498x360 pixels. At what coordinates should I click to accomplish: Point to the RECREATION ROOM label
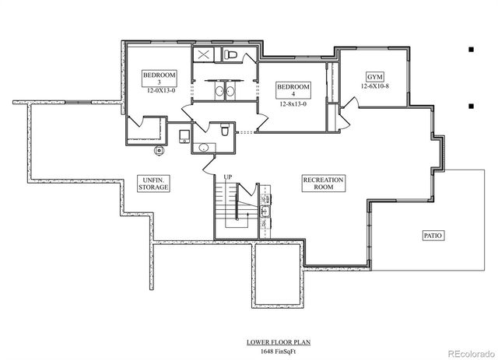323,183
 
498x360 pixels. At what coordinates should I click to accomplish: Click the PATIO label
433,234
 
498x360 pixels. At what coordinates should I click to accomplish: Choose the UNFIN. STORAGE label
153,183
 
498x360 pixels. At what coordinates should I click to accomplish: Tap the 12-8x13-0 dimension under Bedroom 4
293,103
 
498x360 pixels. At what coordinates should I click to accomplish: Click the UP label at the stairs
227,177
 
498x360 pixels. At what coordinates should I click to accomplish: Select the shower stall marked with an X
204,55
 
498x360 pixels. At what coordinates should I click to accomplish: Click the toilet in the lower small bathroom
224,131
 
